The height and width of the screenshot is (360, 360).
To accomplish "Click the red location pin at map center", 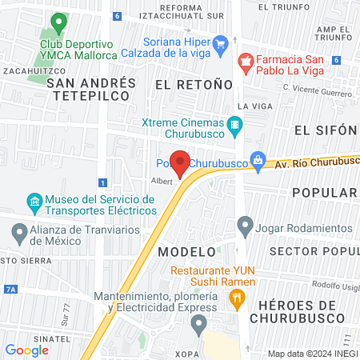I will click(x=180, y=162).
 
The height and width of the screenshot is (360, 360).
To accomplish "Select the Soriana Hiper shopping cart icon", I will click(x=222, y=43).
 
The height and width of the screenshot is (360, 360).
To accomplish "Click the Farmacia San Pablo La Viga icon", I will click(x=246, y=60).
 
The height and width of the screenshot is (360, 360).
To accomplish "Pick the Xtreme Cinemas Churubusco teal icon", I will click(x=234, y=124).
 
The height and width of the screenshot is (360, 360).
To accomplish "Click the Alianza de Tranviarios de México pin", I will click(x=20, y=234).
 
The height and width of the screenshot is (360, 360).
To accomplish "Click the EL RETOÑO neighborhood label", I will click(x=194, y=84).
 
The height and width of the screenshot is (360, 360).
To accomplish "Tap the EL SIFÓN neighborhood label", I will click(x=324, y=130).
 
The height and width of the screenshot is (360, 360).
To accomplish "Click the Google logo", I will click(x=26, y=350).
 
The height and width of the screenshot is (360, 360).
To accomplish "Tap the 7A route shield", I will click(x=10, y=288).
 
